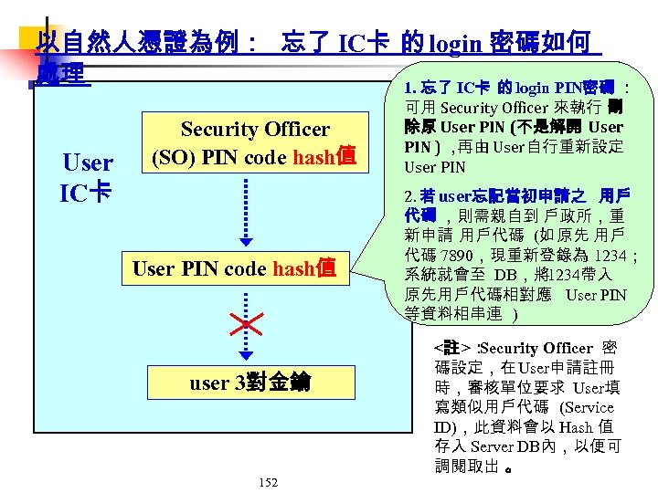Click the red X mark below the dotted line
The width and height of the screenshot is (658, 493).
[x=248, y=323]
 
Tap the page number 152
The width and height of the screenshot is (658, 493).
[x=268, y=482]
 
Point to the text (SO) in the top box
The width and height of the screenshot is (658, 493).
[x=170, y=157]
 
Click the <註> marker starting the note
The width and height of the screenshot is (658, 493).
[x=452, y=348]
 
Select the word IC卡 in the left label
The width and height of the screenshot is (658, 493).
[x=86, y=194]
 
